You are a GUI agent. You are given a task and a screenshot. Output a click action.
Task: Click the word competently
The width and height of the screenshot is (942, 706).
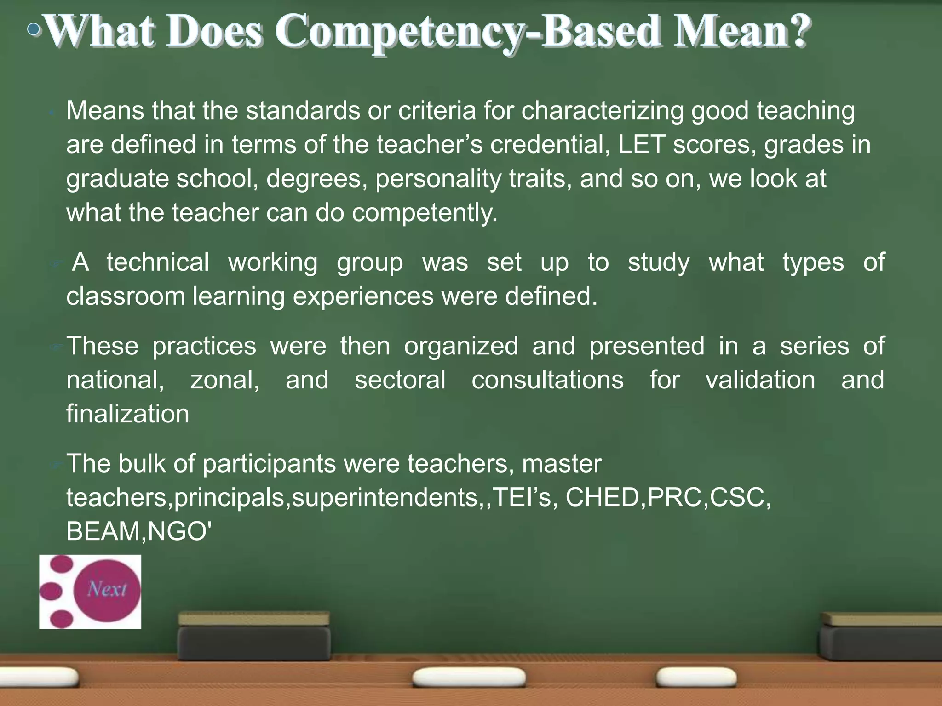point(425,213)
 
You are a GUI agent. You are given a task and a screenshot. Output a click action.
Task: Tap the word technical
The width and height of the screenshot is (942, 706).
point(158,262)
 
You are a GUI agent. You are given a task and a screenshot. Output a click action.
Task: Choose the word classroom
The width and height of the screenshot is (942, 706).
point(126,296)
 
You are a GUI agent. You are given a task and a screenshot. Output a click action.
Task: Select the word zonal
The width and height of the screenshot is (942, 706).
point(224,380)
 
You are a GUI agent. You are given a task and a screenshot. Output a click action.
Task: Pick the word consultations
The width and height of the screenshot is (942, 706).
point(547,380)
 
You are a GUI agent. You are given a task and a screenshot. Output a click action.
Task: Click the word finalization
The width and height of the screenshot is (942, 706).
point(127,414)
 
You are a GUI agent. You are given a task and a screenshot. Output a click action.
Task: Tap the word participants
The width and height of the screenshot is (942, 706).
point(269,463)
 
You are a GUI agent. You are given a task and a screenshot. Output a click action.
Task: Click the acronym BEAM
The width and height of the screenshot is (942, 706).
point(103,531)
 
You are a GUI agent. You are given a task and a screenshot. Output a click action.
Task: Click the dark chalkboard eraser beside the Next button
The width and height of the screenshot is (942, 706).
point(254,637)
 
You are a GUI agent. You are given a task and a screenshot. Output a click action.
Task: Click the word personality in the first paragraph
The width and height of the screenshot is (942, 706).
point(438,179)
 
